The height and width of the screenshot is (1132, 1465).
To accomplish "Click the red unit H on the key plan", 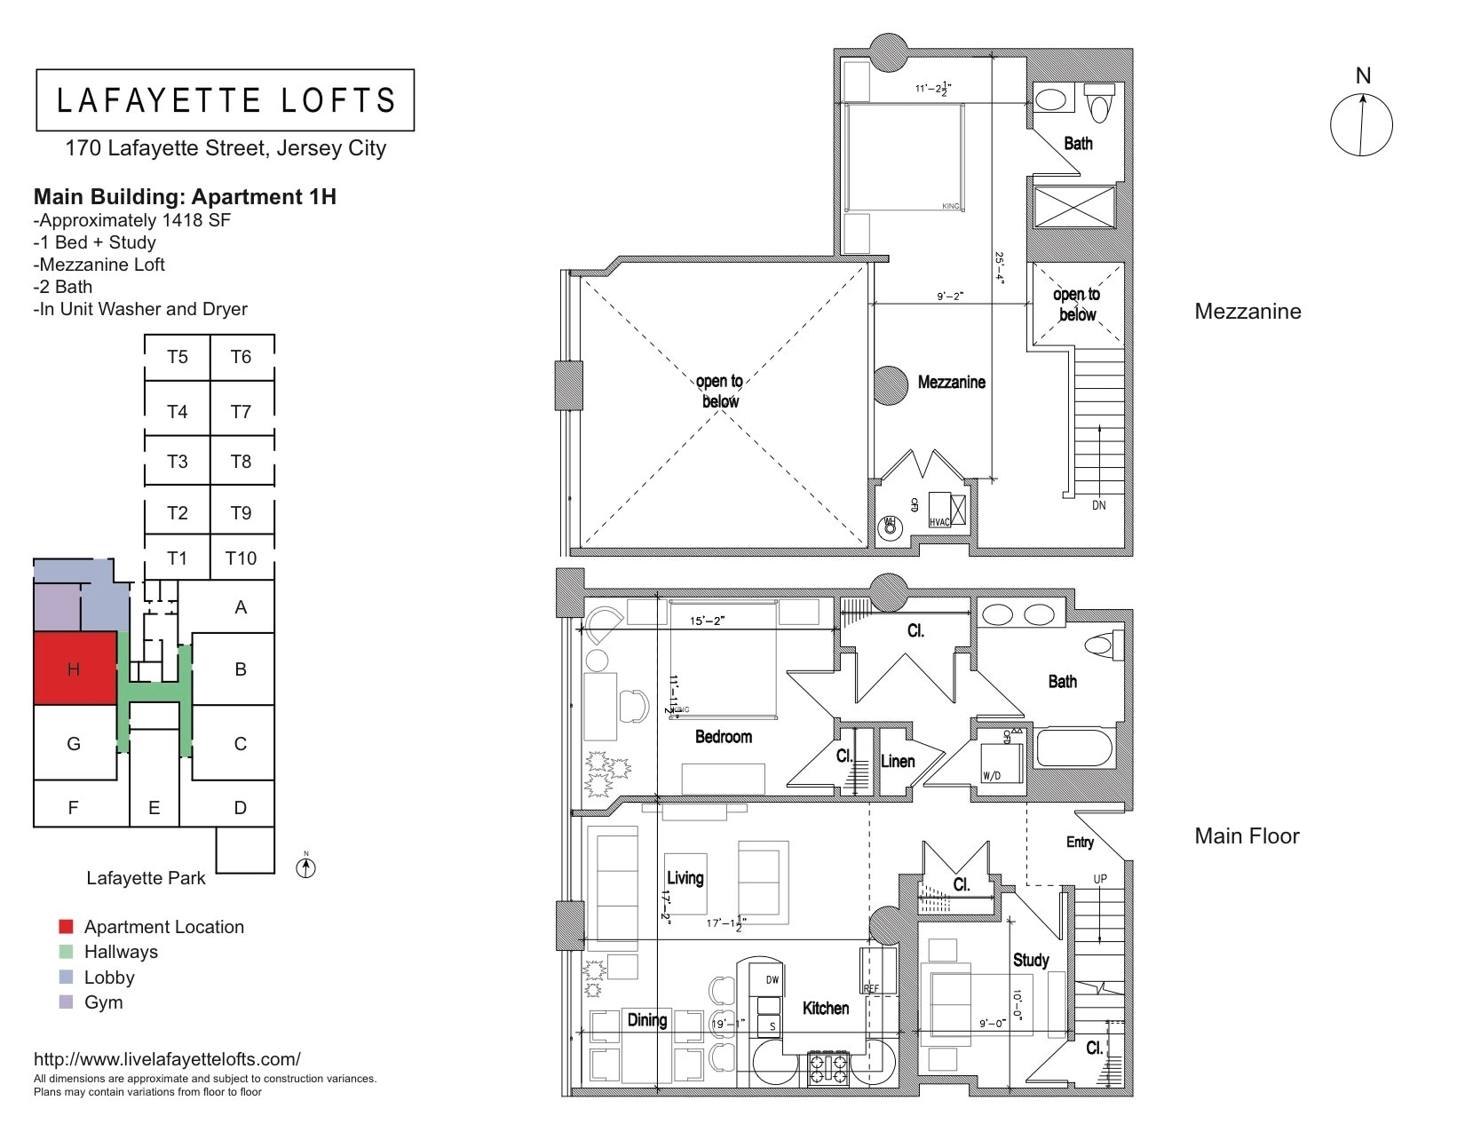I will coord(75,669).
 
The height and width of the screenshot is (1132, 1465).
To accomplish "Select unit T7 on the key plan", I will coord(241,411).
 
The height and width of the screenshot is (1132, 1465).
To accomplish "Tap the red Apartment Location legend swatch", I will coord(66,927).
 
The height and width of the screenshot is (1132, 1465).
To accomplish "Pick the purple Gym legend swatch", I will coord(66,1002).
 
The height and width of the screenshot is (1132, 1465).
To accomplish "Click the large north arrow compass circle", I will coord(1361,125).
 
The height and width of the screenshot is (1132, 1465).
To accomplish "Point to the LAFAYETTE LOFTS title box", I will coord(226,100).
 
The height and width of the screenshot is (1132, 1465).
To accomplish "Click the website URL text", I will coord(167,1059).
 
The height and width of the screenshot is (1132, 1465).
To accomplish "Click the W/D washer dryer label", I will coord(991,775).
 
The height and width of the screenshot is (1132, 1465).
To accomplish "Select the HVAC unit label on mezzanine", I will coord(939,522).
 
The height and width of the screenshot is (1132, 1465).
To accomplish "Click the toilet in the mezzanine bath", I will coord(1099,106).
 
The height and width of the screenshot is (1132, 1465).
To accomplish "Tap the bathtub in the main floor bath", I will coord(1074,748).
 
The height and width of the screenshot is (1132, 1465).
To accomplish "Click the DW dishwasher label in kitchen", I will coord(772,980).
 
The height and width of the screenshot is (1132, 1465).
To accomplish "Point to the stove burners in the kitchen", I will coord(828,1068).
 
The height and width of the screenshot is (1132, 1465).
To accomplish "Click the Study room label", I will coord(1031,960).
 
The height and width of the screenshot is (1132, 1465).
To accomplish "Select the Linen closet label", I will coord(898,761).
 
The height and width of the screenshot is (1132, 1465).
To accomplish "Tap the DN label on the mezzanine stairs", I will coord(1099,505).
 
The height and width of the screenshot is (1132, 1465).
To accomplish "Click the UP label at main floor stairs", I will coord(1100,879).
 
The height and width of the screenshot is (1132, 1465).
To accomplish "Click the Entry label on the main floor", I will coord(1080,842).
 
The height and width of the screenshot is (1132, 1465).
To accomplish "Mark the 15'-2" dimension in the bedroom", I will coord(708,621).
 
